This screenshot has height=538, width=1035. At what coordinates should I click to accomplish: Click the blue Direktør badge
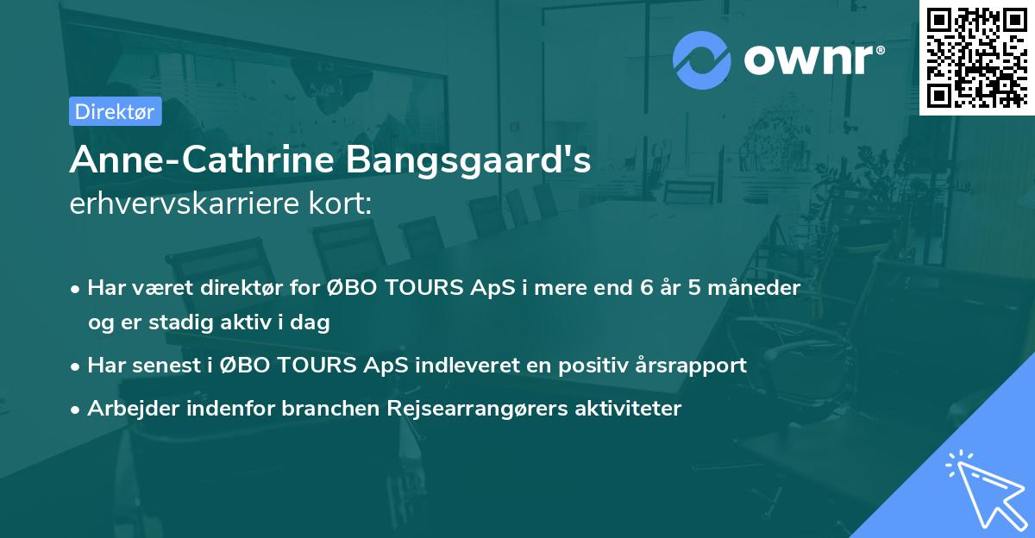[115, 111]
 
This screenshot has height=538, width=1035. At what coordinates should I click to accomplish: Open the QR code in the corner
[977, 57]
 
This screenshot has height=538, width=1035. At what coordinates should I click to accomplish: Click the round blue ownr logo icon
[701, 60]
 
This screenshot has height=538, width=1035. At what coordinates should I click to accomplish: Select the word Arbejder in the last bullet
[128, 409]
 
